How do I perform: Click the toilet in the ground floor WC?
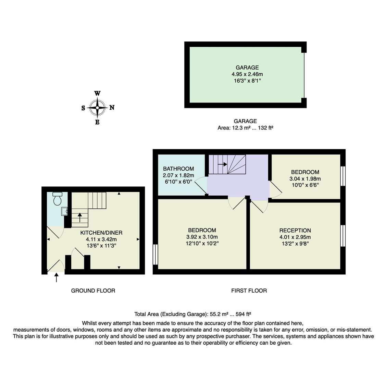(x=57, y=198)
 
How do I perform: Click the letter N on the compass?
(x=112, y=108)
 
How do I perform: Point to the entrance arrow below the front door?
(x=57, y=278)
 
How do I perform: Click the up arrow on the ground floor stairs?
(x=80, y=217)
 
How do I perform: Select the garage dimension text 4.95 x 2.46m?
(x=247, y=74)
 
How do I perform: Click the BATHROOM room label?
(x=178, y=169)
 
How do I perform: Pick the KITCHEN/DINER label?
(x=101, y=233)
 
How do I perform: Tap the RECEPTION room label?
(x=295, y=231)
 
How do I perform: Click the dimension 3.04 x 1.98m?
(x=305, y=178)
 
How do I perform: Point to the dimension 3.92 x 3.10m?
(x=202, y=237)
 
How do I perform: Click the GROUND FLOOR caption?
(x=93, y=291)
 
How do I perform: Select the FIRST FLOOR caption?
(x=249, y=291)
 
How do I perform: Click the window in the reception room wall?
(x=343, y=236)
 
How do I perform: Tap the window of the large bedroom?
(x=155, y=255)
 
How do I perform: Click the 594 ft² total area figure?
(x=244, y=314)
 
